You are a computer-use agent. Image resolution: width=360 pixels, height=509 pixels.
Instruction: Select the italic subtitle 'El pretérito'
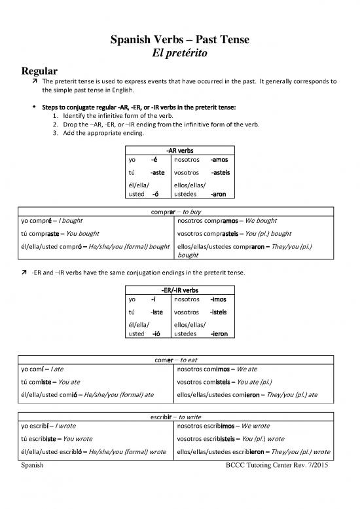180,55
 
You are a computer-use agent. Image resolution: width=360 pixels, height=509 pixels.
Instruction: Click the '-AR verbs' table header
179,150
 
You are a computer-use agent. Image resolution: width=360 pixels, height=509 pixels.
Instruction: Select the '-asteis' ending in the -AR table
221,172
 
